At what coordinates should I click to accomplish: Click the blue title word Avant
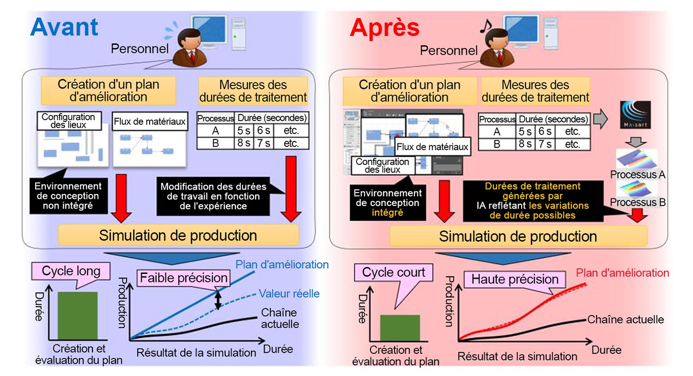coord(64,27)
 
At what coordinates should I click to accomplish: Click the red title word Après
coord(385,28)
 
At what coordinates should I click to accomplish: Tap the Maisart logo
coord(635,115)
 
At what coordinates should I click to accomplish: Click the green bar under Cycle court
coord(400,328)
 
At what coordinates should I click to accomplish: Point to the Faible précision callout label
coord(184,278)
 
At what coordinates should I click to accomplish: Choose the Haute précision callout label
coord(515,279)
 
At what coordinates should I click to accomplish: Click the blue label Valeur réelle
coord(289,293)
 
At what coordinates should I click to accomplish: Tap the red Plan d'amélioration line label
coord(622,272)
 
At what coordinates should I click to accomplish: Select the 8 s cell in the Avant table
coord(244,143)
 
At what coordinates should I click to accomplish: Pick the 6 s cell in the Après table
coord(545,131)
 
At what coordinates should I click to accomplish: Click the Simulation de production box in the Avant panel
coord(179,235)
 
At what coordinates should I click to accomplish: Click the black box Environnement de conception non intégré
coord(68,195)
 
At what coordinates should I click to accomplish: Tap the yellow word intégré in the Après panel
coord(387,213)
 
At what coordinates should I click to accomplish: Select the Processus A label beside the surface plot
coord(637,175)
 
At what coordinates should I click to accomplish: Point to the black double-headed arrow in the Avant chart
coord(218,300)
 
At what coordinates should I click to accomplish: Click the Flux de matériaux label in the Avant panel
coord(150,121)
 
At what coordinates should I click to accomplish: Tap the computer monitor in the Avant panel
coord(209,31)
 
